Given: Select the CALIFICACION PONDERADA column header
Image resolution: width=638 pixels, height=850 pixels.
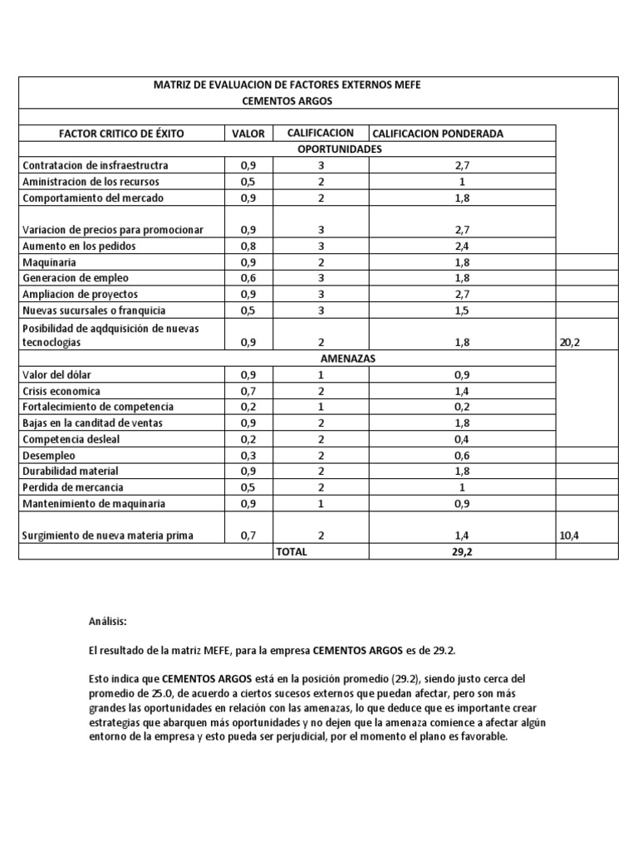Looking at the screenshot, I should point(438,134).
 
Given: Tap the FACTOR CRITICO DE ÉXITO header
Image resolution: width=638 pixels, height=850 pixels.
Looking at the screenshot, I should point(121,134).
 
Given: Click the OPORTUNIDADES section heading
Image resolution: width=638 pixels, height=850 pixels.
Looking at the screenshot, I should point(339,149).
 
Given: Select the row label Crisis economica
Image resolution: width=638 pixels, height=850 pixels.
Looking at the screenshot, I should point(63,390).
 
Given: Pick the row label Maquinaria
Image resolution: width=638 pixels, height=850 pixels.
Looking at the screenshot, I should point(50,262).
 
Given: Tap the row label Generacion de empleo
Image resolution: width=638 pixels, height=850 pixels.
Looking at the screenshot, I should point(76,278).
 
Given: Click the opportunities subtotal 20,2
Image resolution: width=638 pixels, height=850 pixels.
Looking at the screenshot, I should point(570,342).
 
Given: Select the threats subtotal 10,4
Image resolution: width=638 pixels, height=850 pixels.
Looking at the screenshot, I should point(570,535).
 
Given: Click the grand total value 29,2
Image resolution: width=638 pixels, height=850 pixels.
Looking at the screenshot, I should point(461,552).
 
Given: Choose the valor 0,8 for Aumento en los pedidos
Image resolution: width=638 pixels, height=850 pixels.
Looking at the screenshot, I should point(248,246).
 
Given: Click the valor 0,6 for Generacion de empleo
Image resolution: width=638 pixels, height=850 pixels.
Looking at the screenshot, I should point(248,278).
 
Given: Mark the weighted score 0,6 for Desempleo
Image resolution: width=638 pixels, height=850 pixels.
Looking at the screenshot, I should point(461,455).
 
